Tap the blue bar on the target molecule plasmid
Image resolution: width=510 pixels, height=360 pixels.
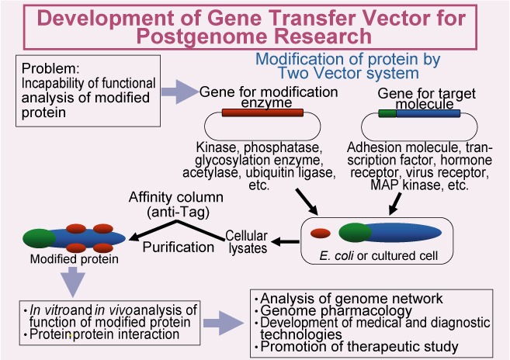click(x=428, y=113)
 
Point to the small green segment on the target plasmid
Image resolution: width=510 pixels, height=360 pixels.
click(x=387, y=113)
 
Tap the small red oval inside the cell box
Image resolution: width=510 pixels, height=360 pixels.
click(x=320, y=233)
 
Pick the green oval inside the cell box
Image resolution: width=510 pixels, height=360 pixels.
click(x=354, y=232)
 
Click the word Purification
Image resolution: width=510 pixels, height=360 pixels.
click(x=178, y=248)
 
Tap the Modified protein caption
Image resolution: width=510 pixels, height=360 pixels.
click(x=60, y=258)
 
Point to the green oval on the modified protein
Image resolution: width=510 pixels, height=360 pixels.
click(x=40, y=238)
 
